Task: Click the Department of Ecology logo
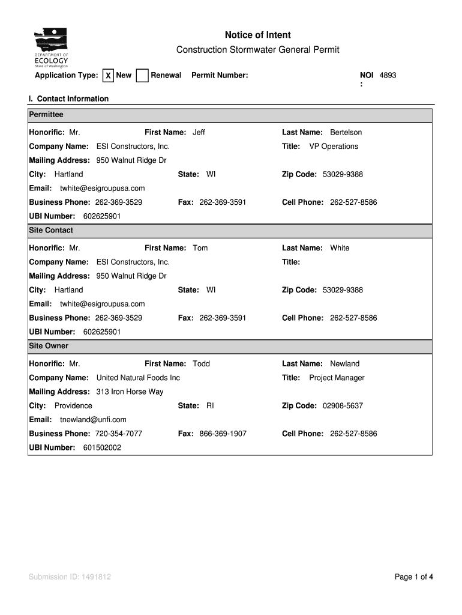coord(51,47)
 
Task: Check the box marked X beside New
coord(108,76)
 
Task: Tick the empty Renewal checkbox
coord(142,76)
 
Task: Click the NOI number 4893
coord(388,75)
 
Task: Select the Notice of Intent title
coord(257,35)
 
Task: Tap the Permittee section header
coord(46,114)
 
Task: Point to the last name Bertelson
coord(346,132)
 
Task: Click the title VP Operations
coord(333,147)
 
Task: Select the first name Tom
coord(200,248)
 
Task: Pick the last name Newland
coord(344,364)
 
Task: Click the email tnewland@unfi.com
coord(93,420)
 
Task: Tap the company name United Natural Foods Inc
coord(138,378)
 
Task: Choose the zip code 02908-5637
coord(343,406)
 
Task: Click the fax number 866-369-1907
coord(223,434)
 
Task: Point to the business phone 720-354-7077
coord(118,434)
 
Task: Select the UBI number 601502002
coord(102,447)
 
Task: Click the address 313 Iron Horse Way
coord(130,392)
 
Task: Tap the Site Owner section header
coord(49,346)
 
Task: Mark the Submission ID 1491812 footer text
coord(70,577)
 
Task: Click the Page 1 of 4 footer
coord(413,577)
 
